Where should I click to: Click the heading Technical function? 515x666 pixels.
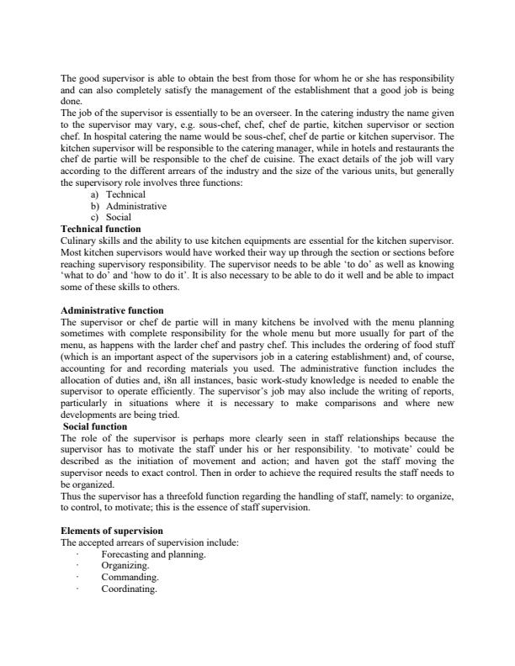tap(101, 229)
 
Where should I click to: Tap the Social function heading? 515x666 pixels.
tap(95, 426)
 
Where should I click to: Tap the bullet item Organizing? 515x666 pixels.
tap(125, 567)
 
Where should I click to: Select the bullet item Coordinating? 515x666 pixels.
tap(129, 590)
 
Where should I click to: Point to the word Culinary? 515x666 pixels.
tap(80, 240)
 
